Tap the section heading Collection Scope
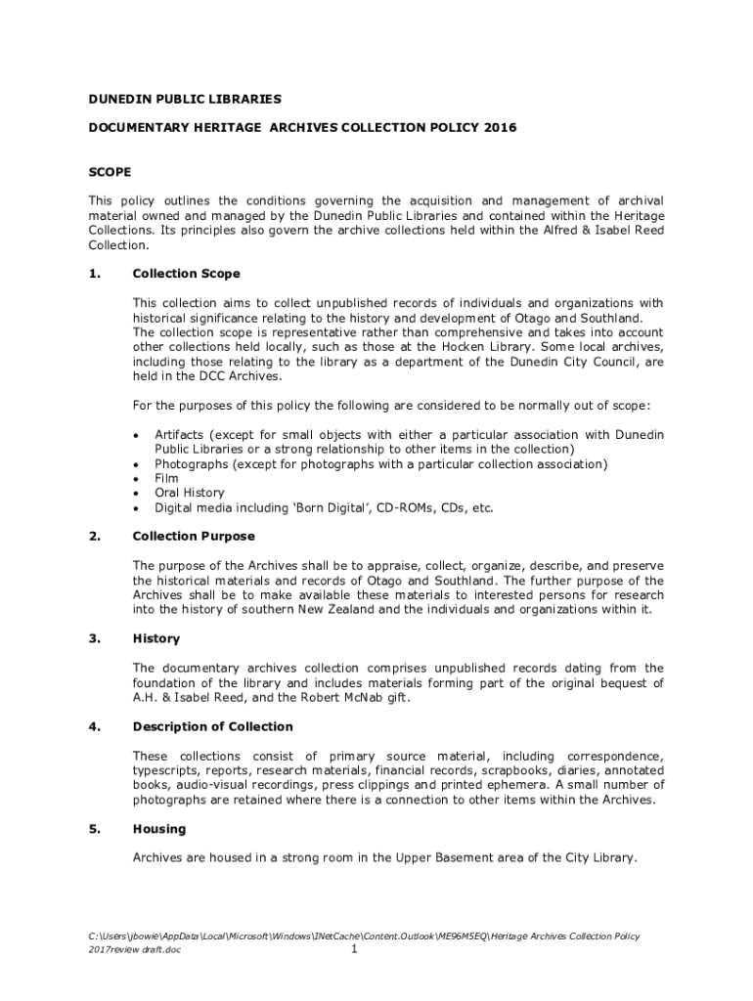pyautogui.click(x=186, y=274)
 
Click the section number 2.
pyautogui.click(x=95, y=537)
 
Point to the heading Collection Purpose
pyautogui.click(x=194, y=537)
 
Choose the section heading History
pyautogui.click(x=156, y=639)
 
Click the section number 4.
pyautogui.click(x=95, y=727)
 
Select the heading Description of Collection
pyautogui.click(x=212, y=727)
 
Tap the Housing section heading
pyautogui.click(x=159, y=830)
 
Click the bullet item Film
pyautogui.click(x=166, y=478)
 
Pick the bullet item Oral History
pyautogui.click(x=189, y=493)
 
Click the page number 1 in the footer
pyautogui.click(x=355, y=950)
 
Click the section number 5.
pyautogui.click(x=95, y=830)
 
